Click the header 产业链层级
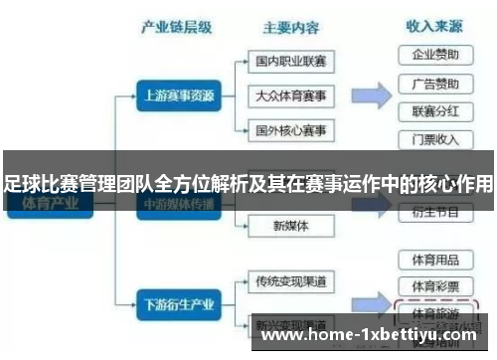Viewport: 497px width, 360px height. point(177,27)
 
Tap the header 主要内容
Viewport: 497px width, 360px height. point(289,27)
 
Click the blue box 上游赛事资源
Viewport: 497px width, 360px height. point(176,96)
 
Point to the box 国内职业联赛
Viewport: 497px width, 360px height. point(289,62)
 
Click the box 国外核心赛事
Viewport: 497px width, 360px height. point(289,130)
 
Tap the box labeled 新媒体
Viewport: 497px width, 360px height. point(289,227)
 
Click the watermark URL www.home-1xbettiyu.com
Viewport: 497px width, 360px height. point(368,335)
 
